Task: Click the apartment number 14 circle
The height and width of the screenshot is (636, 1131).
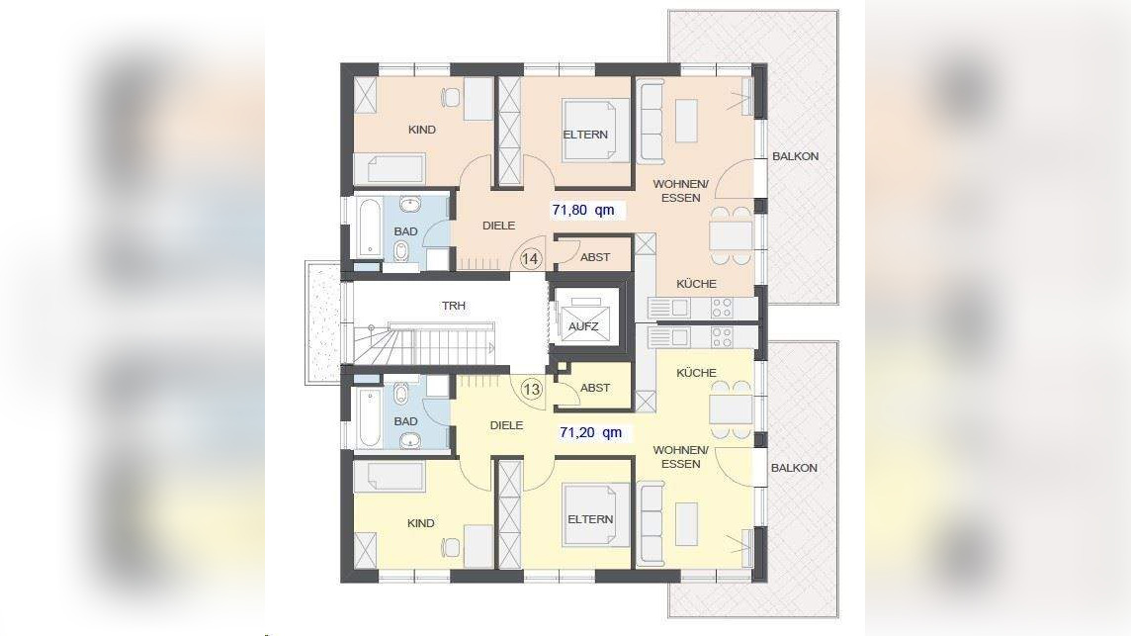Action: point(530,258)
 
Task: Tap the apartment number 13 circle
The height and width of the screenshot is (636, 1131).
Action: point(532,390)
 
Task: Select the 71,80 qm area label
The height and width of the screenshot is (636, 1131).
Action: point(583,210)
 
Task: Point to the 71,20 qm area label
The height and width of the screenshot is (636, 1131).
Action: point(590,432)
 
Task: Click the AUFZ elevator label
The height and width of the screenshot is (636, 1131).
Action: point(583,326)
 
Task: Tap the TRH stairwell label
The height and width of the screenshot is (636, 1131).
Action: point(454,306)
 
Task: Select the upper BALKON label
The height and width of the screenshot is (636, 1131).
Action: point(795,156)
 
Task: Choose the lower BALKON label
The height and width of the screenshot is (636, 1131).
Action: point(794,468)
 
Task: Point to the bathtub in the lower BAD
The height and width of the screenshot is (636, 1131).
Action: point(370,417)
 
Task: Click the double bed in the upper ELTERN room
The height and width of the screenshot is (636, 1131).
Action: point(595,130)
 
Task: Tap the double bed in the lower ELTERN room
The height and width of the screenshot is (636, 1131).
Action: point(595,514)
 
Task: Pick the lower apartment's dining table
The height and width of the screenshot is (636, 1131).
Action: point(731,410)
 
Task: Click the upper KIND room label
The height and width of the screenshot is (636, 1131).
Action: point(422,130)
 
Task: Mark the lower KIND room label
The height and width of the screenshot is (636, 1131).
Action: point(420,522)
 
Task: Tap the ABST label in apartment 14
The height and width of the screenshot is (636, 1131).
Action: point(595,257)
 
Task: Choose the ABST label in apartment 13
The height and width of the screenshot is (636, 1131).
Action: point(595,388)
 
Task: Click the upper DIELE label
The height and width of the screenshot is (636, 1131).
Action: point(498,226)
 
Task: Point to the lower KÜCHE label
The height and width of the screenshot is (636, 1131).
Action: point(696,373)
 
